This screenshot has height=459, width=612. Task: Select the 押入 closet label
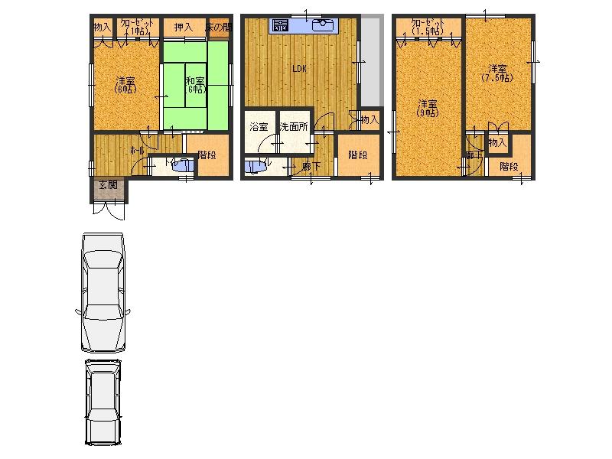pyautogui.click(x=183, y=28)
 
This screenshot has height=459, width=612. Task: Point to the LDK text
pyautogui.click(x=299, y=69)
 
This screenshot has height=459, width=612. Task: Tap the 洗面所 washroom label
pyautogui.click(x=293, y=126)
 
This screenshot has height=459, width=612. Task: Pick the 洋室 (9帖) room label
pyautogui.click(x=427, y=108)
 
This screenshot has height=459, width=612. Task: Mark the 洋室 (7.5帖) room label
pyautogui.click(x=497, y=73)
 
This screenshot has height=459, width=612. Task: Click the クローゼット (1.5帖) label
pyautogui.click(x=425, y=28)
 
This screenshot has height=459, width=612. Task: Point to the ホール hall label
pyautogui.click(x=138, y=151)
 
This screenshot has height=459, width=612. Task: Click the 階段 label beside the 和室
pyautogui.click(x=207, y=155)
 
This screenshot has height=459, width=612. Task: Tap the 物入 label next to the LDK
pyautogui.click(x=369, y=120)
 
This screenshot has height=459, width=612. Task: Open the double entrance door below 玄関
pyautogui.click(x=107, y=210)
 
